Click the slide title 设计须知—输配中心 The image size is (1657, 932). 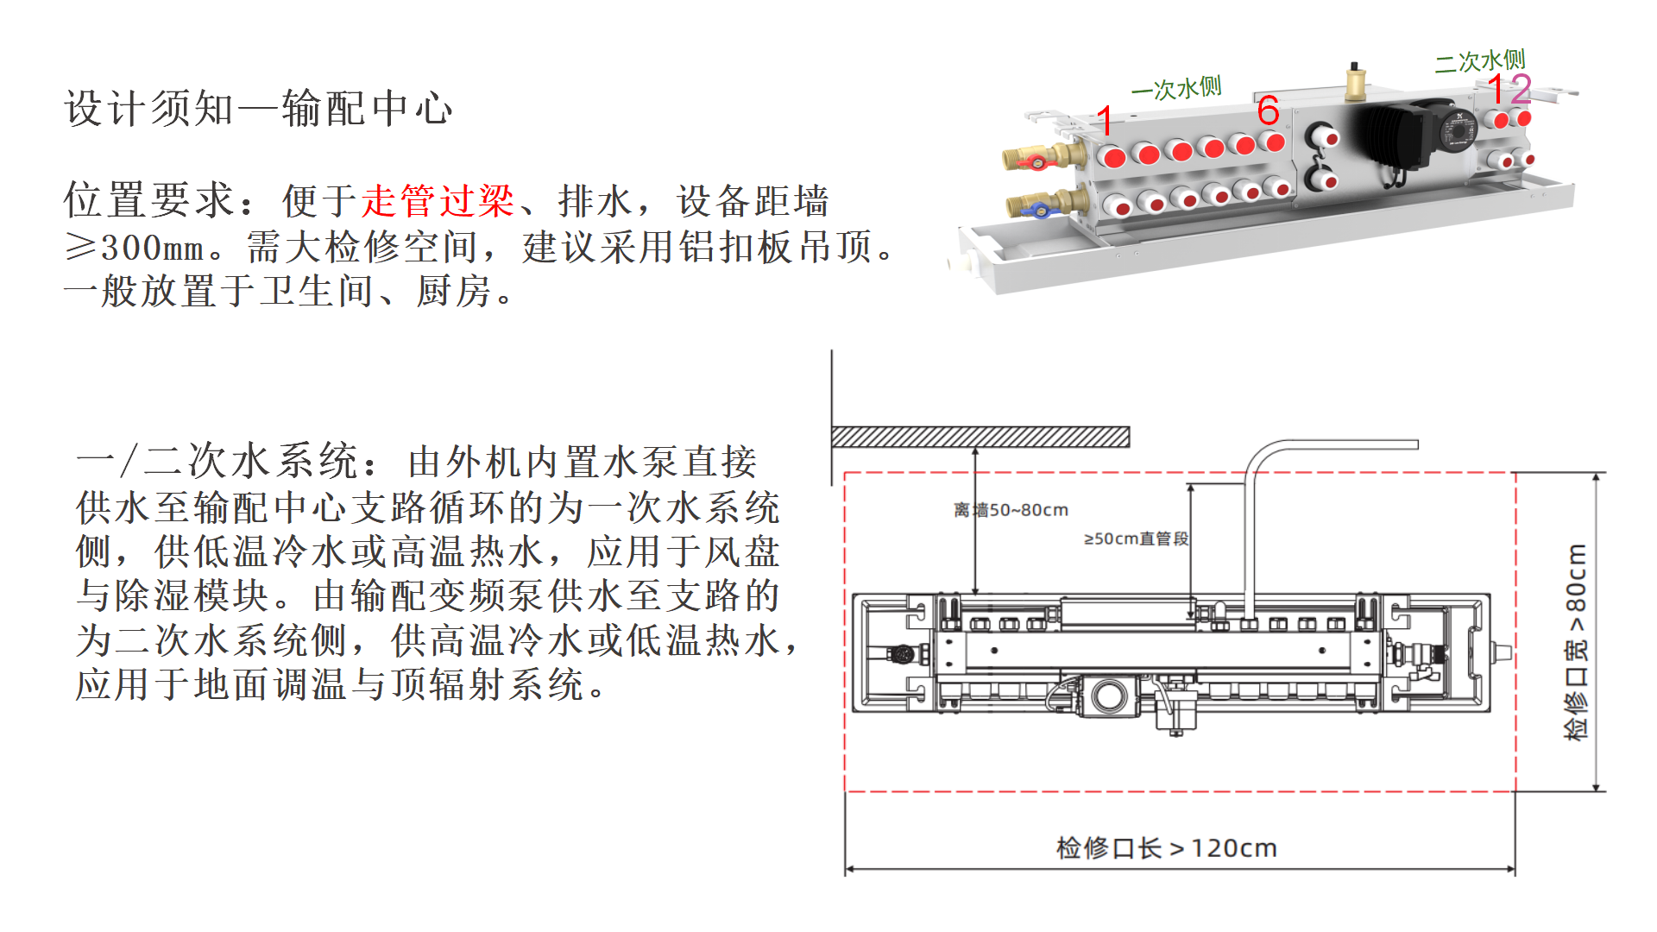[x=258, y=109]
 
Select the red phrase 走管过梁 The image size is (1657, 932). [x=438, y=201]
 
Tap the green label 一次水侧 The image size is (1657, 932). [x=1176, y=88]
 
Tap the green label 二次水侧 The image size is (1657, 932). [x=1480, y=61]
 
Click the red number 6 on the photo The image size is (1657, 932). [x=1268, y=110]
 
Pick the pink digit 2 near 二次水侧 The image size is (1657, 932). [x=1521, y=89]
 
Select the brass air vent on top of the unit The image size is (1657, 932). [x=1354, y=82]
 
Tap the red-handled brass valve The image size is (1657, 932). [x=1043, y=158]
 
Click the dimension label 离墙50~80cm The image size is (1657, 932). [x=1011, y=510]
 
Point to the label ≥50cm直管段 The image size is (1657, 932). [x=1136, y=538]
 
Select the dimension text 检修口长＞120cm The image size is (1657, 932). [x=1166, y=847]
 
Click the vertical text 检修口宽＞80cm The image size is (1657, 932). [x=1576, y=641]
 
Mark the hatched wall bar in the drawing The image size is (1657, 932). [x=980, y=437]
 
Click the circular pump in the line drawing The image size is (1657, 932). [x=1108, y=696]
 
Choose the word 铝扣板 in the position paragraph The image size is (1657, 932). [x=737, y=248]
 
